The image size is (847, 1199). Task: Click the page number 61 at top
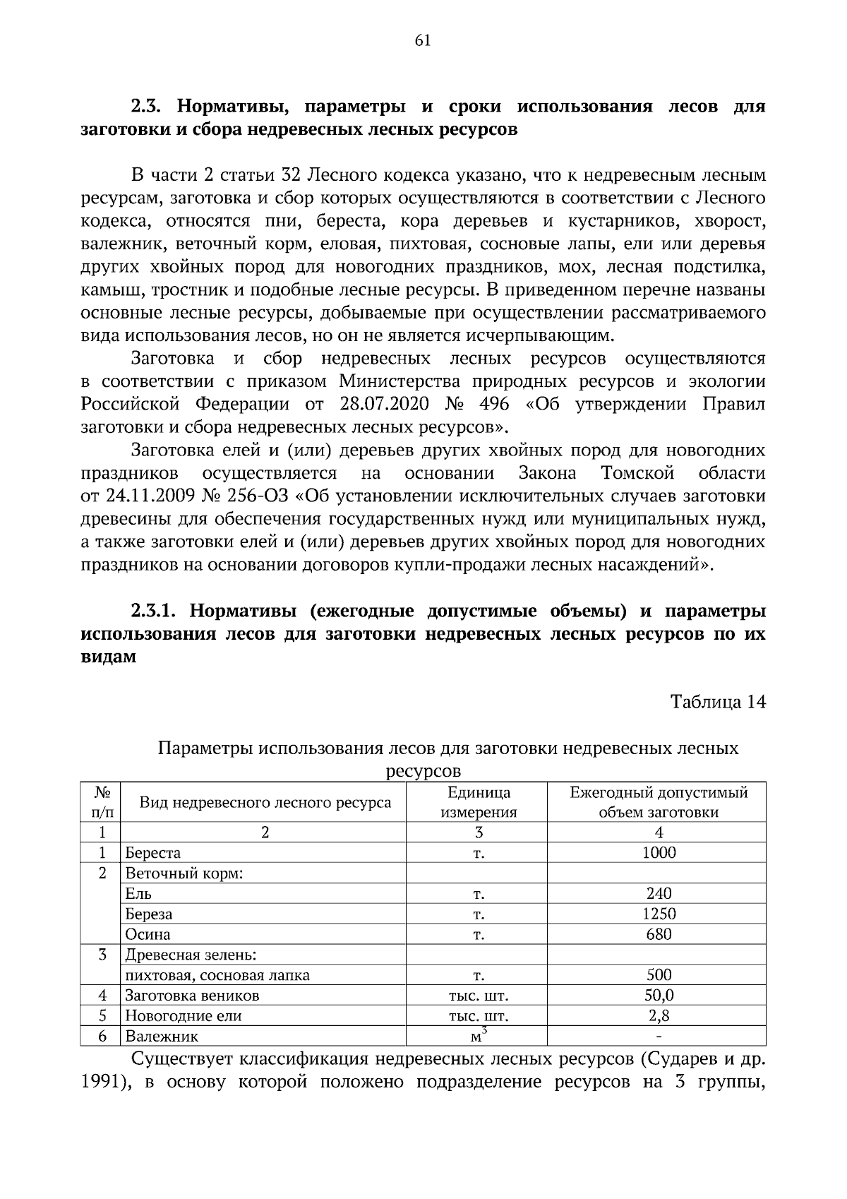pyautogui.click(x=423, y=41)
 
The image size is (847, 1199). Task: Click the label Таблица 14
pyautogui.click(x=718, y=702)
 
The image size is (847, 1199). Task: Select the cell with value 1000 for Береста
pyautogui.click(x=659, y=853)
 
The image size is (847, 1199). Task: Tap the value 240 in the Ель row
pyautogui.click(x=659, y=894)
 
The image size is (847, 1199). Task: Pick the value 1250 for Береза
pyautogui.click(x=659, y=914)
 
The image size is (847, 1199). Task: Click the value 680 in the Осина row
pyautogui.click(x=659, y=935)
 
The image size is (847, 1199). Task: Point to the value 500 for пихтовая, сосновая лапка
pyautogui.click(x=659, y=976)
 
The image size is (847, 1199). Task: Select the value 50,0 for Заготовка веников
pyautogui.click(x=659, y=996)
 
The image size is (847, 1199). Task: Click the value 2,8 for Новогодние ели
pyautogui.click(x=659, y=1016)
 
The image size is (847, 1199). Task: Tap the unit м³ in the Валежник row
pyautogui.click(x=479, y=1036)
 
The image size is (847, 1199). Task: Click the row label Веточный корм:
pyautogui.click(x=184, y=873)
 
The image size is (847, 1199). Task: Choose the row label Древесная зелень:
pyautogui.click(x=191, y=955)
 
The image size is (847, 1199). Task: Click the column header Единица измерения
pyautogui.click(x=479, y=802)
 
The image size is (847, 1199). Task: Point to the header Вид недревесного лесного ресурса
pyautogui.click(x=265, y=803)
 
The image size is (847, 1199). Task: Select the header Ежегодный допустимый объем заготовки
pyautogui.click(x=659, y=802)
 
